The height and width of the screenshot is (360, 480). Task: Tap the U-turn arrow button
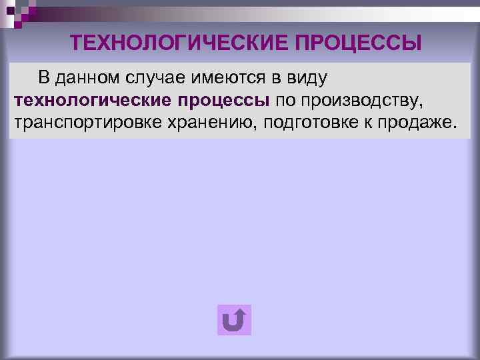234,320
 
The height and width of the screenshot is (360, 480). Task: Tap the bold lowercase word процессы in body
223,101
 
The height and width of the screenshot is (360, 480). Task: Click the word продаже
414,123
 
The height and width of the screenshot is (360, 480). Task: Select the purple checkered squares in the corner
20,12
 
